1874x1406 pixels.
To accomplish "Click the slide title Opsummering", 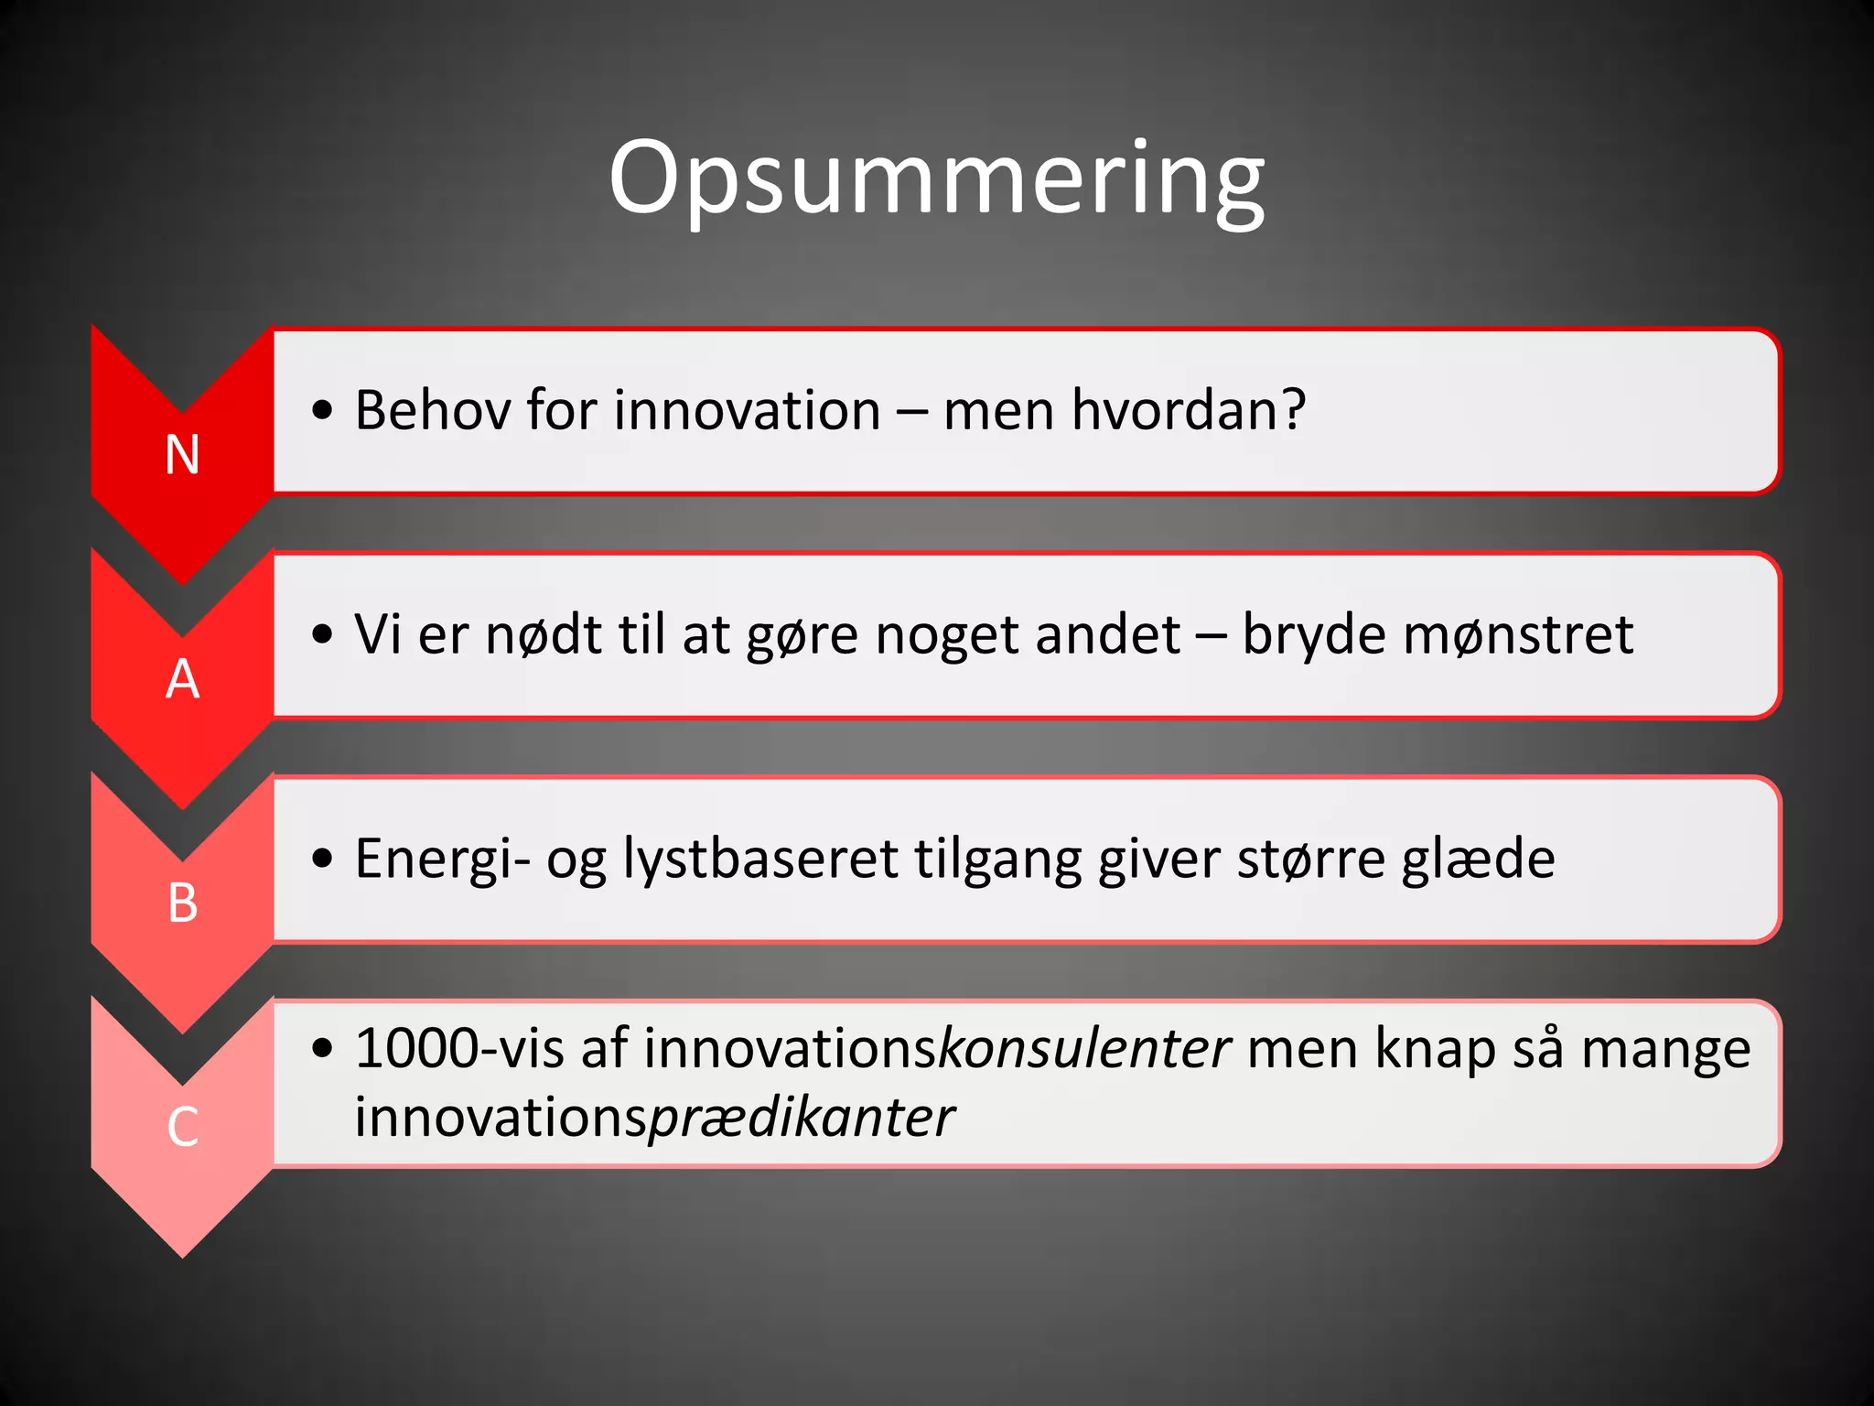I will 936,178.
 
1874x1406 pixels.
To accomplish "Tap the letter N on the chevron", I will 182,455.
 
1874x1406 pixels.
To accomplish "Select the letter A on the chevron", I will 182,679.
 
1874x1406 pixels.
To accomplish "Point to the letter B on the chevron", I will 182,903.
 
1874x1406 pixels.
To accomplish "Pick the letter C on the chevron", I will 182,1127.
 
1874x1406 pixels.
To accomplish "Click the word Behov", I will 433,410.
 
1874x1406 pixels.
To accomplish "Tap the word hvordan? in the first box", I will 1188,410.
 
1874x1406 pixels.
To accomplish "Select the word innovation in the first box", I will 748,410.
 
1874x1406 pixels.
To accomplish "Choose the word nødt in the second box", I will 544,634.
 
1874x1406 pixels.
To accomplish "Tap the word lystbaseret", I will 760,859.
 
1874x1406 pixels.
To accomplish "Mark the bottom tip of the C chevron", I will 182,1255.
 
